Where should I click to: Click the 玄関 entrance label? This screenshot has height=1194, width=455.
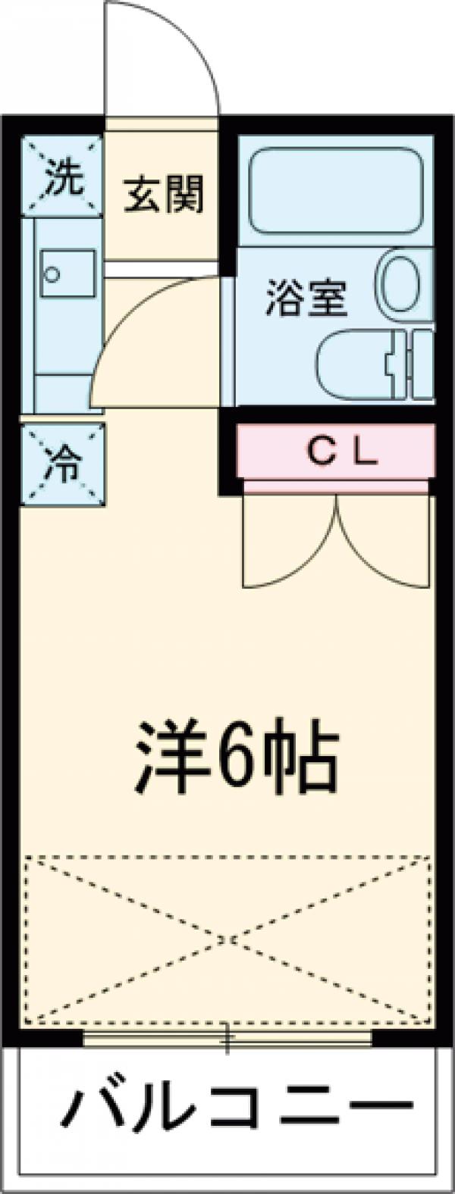pyautogui.click(x=164, y=194)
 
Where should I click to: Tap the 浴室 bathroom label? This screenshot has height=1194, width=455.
pyautogui.click(x=306, y=298)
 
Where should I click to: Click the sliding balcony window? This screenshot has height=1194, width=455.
pyautogui.click(x=227, y=1037)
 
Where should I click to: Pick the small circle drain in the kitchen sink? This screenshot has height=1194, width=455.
pyautogui.click(x=52, y=273)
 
